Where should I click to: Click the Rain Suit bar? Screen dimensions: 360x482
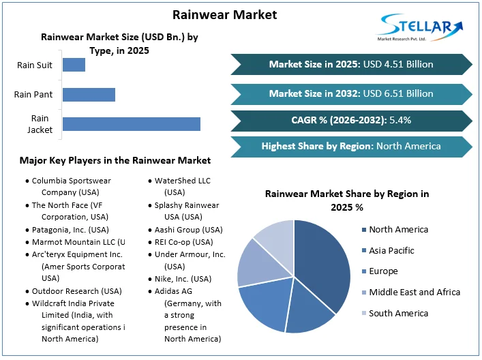(74, 65)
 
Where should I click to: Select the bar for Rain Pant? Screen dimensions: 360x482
(89, 94)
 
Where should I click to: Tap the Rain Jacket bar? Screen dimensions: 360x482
(131, 124)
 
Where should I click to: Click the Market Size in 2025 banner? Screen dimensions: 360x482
(351, 64)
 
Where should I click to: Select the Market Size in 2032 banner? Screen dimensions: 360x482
(351, 93)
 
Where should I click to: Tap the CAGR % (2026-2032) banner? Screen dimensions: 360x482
(351, 121)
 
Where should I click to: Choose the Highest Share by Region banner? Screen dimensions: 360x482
(351, 146)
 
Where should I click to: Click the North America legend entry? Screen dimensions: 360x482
(398, 230)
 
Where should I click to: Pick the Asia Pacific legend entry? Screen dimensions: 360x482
(391, 250)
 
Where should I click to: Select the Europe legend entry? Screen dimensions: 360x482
(382, 271)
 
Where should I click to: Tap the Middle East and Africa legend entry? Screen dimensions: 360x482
(414, 292)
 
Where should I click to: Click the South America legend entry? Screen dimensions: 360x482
(398, 313)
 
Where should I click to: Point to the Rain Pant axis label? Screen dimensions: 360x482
(33, 94)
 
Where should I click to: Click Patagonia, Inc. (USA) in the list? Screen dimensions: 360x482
(70, 230)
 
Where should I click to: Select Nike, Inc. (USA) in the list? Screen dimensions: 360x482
(183, 279)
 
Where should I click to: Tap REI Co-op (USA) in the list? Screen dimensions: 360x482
(183, 242)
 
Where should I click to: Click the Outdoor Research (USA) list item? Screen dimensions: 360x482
(76, 291)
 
